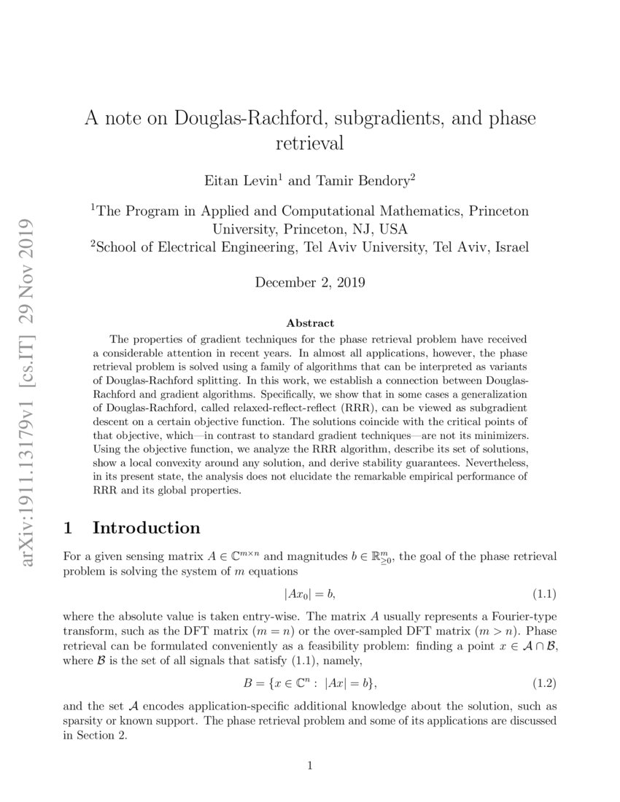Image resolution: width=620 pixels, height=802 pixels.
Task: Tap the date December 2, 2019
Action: (310, 281)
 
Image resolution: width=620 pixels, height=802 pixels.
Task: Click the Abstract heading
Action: (310, 322)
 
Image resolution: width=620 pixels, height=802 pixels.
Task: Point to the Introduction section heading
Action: (146, 527)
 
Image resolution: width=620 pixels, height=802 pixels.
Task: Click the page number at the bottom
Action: (310, 765)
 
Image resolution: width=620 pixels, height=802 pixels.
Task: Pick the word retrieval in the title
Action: (310, 143)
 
